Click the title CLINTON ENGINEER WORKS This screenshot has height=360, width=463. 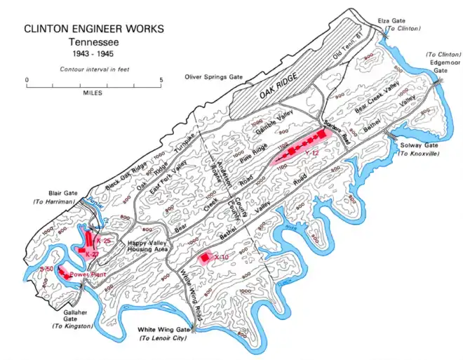click(95, 29)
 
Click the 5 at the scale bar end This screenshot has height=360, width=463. click(161, 79)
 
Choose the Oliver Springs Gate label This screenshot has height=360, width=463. click(212, 76)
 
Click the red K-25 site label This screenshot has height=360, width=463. click(105, 241)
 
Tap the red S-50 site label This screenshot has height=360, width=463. click(47, 269)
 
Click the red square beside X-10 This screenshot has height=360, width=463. click(204, 258)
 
